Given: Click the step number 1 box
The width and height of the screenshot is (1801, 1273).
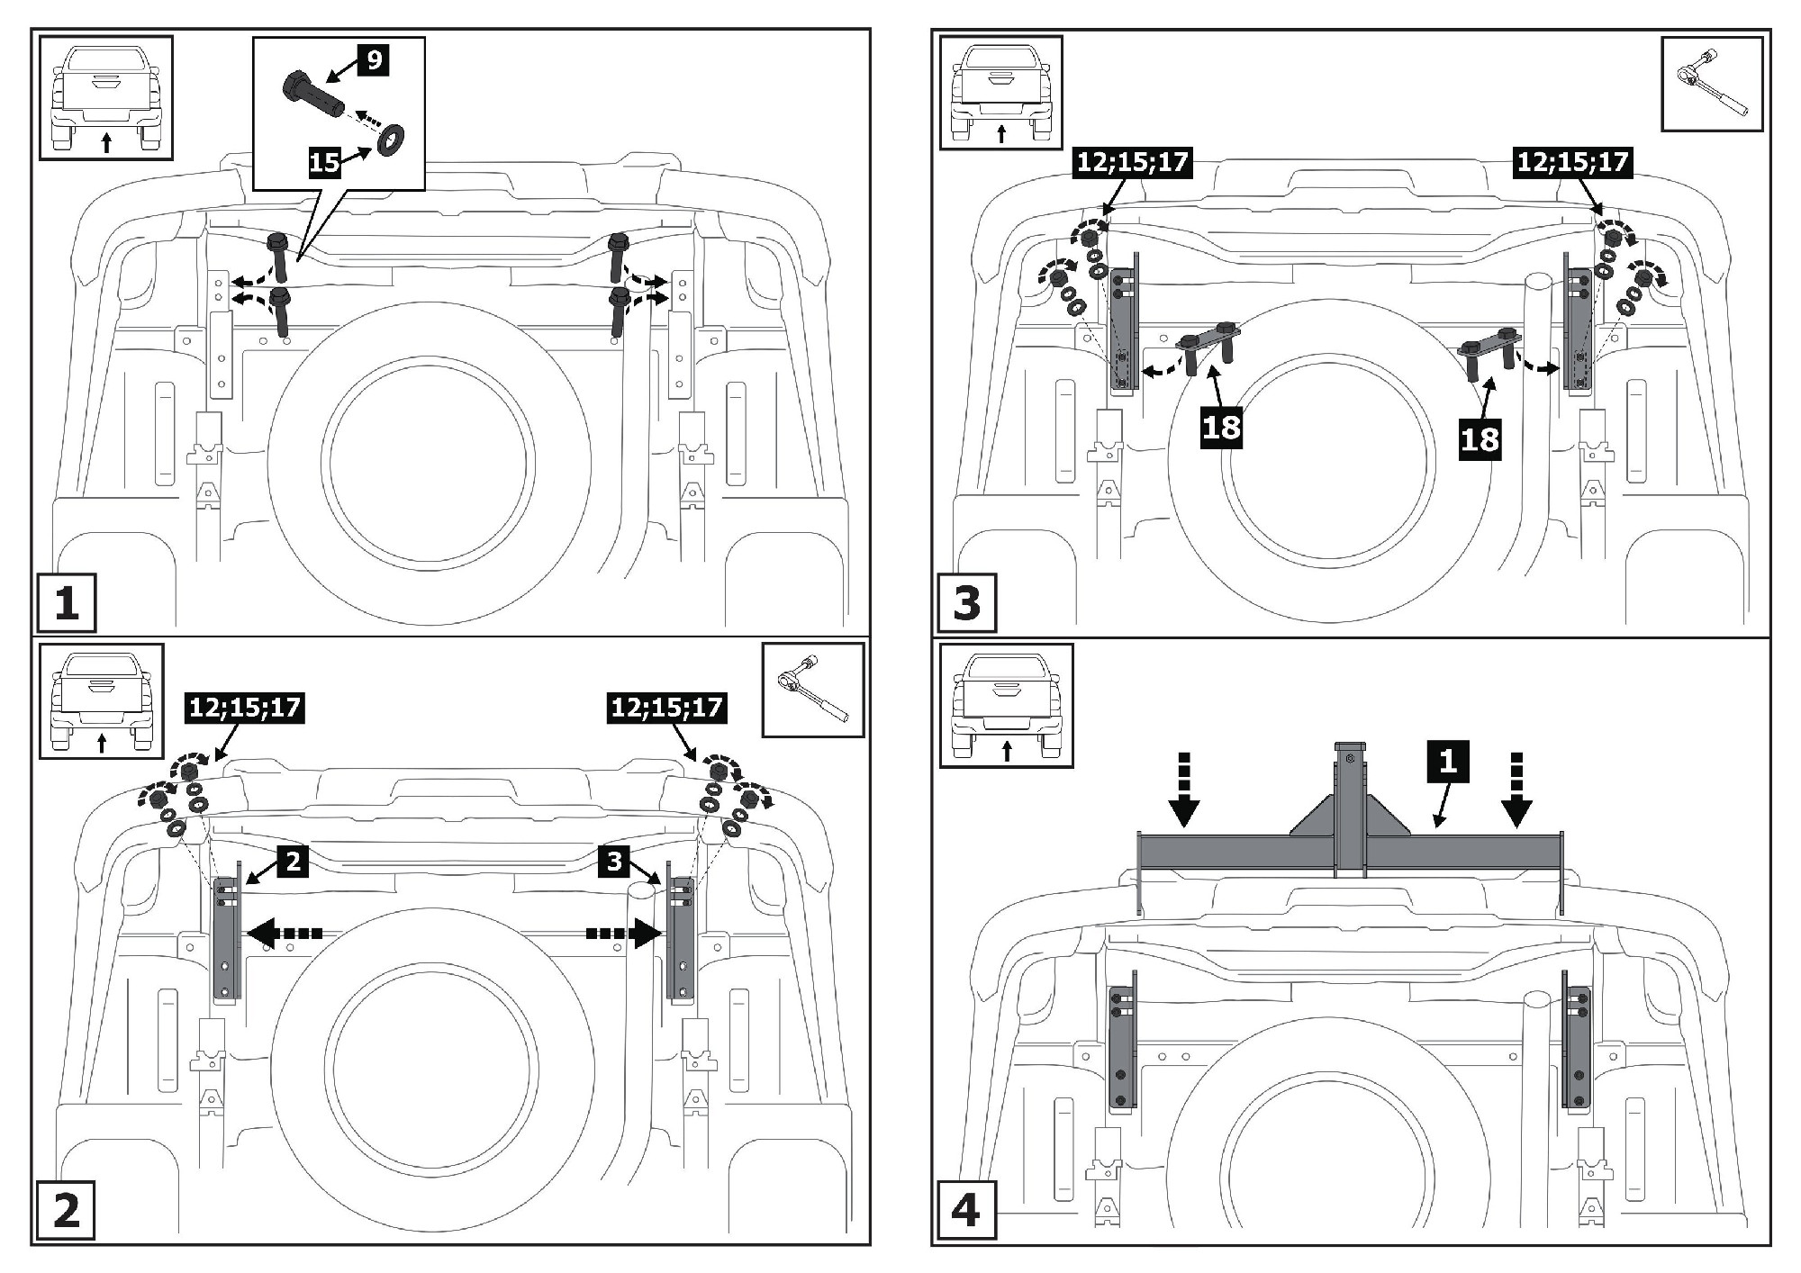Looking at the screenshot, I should [x=67, y=603].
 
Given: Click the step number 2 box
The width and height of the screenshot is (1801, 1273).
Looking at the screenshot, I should [x=67, y=1210].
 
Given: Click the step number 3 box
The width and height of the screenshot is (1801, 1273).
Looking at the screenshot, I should [x=966, y=603].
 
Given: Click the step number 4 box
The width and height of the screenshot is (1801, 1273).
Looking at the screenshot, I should [x=965, y=1211].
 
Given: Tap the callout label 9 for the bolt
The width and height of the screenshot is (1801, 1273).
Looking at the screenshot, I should [x=374, y=60].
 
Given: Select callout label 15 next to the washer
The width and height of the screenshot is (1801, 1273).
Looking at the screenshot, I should [x=325, y=161].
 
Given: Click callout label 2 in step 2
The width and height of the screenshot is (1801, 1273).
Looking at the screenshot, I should [x=293, y=862].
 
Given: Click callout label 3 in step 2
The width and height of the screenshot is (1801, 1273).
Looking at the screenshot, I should [x=614, y=862].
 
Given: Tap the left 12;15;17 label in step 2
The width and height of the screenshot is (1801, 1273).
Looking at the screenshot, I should [x=245, y=708].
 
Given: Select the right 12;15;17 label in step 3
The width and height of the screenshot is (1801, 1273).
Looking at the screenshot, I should [x=1572, y=162].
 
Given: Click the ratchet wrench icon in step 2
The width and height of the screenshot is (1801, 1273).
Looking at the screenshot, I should [x=812, y=689].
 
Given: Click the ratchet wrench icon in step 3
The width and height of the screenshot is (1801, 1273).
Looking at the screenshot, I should [x=1711, y=84].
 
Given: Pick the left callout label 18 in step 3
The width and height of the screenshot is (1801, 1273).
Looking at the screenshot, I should [x=1222, y=427].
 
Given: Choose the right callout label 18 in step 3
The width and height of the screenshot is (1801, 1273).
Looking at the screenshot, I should [x=1480, y=439].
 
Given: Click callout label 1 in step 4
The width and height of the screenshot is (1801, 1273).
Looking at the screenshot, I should [x=1447, y=762].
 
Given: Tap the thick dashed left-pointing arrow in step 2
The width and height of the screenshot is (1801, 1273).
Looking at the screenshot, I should [x=284, y=934].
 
